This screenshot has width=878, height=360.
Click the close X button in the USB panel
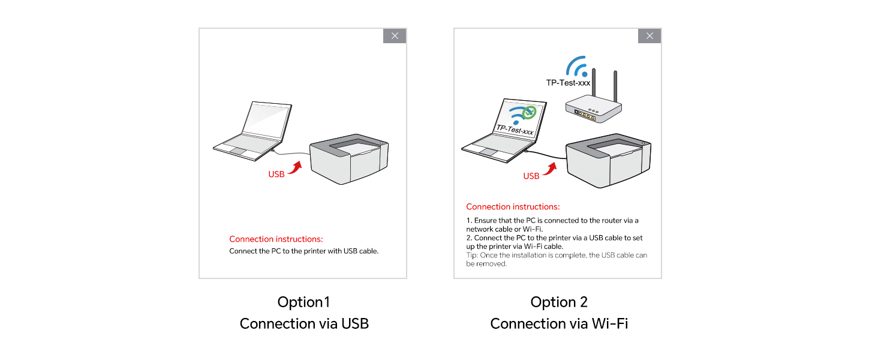click(395, 36)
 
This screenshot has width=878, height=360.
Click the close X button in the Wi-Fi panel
click(650, 36)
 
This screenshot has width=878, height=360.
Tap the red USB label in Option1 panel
click(276, 175)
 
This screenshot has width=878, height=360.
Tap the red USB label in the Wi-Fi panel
click(531, 176)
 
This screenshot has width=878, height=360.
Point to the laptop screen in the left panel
click(267, 122)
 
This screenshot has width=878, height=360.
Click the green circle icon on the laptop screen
click(528, 112)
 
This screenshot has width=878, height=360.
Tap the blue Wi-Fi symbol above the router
click(578, 67)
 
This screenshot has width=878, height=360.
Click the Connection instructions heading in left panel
click(276, 239)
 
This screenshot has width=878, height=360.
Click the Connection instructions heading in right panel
click(513, 207)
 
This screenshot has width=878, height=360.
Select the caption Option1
click(303, 302)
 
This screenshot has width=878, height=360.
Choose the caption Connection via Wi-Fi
click(559, 324)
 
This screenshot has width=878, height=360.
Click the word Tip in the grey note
click(471, 256)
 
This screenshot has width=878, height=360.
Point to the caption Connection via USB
click(304, 324)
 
